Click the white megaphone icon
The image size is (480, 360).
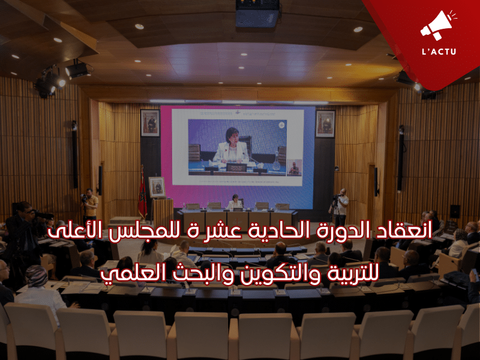(437, 25)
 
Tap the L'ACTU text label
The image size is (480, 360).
(439, 51)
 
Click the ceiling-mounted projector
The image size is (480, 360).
(257, 14)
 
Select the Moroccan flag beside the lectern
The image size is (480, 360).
(142, 193)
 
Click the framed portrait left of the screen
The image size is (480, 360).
(149, 123)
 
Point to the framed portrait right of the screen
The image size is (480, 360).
(325, 124)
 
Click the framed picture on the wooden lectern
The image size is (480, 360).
(157, 187)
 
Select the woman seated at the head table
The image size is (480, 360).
(235, 202)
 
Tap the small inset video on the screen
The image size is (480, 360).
(294, 167)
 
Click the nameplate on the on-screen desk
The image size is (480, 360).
(236, 167)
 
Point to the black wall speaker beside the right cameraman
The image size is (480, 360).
(376, 182)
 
